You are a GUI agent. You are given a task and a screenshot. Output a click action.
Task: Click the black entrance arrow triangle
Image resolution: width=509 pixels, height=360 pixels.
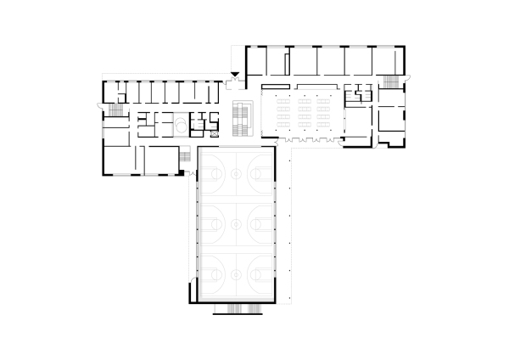click(235, 78)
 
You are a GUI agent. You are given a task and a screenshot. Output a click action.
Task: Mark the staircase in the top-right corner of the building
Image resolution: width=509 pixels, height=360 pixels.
click(391, 81)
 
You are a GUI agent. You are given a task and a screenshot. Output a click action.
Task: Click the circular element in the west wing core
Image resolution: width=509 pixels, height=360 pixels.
click(181, 127)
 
